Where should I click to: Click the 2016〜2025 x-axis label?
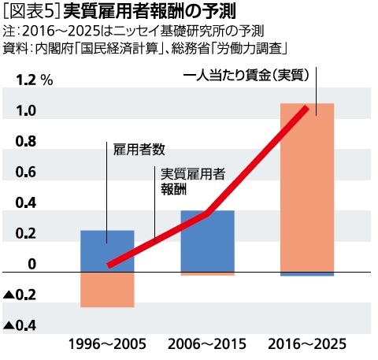coord(307,345)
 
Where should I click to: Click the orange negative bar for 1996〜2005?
coord(107,289)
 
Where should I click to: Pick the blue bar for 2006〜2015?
coord(208,241)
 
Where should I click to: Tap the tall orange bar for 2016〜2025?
coord(307,189)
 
